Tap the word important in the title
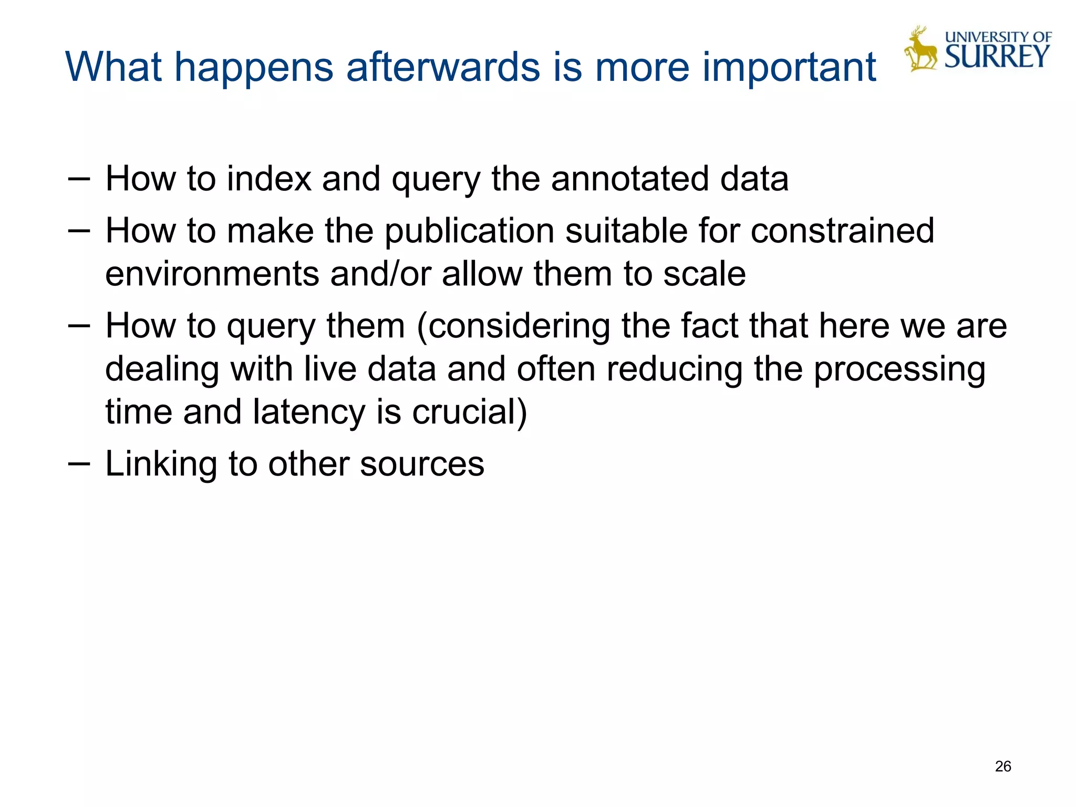[x=789, y=68]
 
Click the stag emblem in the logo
[x=920, y=49]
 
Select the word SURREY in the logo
[x=997, y=57]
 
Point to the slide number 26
[x=1002, y=767]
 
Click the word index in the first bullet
[x=269, y=179]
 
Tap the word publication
[x=470, y=231]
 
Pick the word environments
[x=212, y=274]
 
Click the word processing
[x=899, y=370]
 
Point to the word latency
[x=308, y=412]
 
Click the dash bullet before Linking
[x=79, y=463]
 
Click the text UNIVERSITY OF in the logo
[x=998, y=37]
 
